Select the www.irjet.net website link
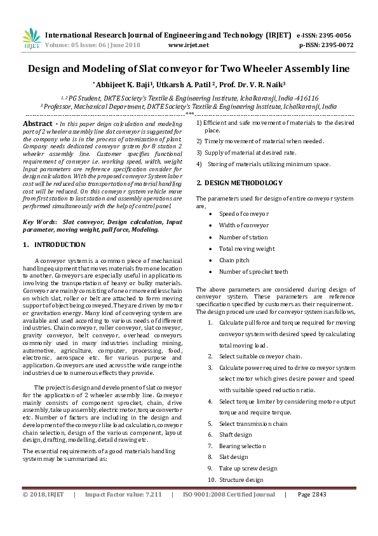(188, 45)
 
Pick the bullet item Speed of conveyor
(244, 214)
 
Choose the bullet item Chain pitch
(235, 260)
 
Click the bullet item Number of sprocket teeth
(253, 271)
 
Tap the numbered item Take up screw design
(248, 469)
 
